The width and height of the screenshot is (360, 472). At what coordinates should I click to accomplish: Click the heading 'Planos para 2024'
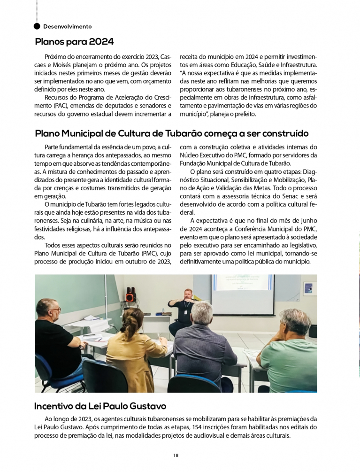point(74,42)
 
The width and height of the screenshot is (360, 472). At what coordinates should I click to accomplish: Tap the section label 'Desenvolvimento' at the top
point(67,26)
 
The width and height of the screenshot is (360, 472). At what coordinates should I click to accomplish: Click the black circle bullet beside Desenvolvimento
point(37,26)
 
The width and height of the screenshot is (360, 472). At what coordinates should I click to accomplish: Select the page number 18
point(176,455)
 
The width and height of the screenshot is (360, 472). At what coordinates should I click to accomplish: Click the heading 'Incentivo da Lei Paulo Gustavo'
point(100,406)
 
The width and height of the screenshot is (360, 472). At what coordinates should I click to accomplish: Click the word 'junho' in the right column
point(308,220)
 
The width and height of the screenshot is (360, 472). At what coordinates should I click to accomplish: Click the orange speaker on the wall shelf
point(131,297)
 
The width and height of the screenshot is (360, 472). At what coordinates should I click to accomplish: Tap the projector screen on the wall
point(242,294)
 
